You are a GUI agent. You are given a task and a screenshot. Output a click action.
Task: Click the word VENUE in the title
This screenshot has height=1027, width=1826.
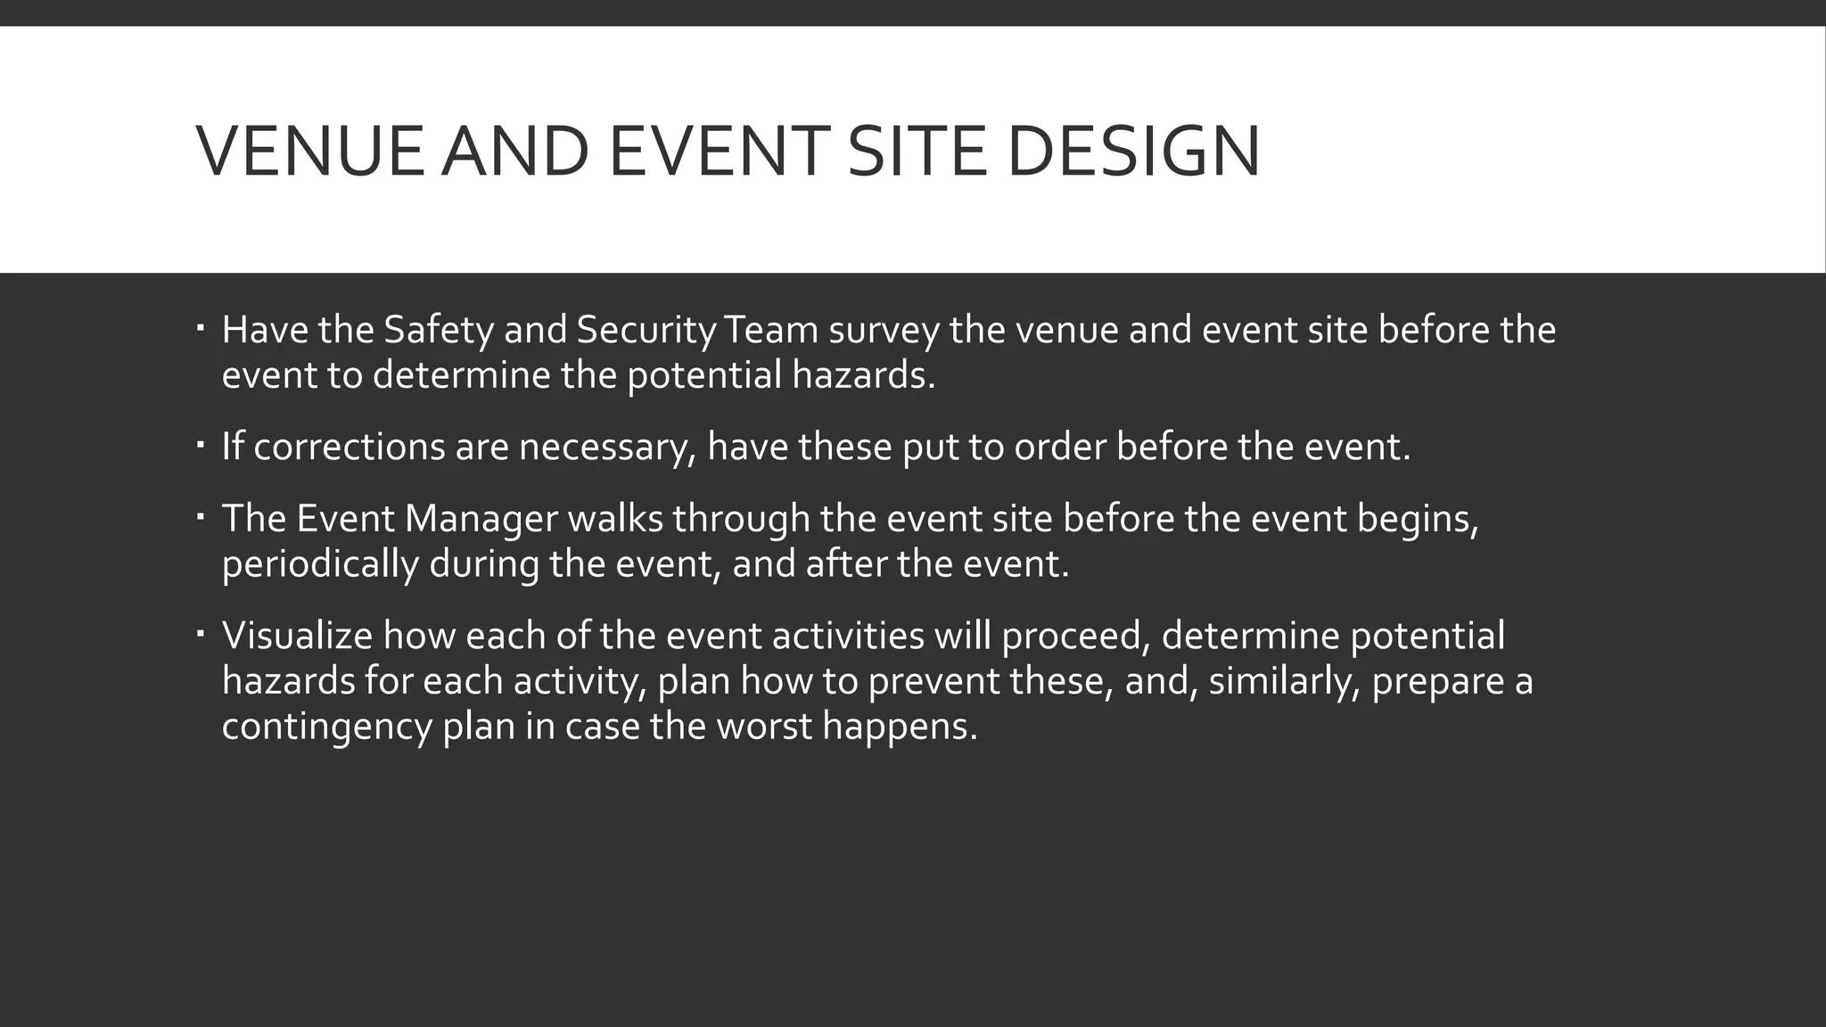309,151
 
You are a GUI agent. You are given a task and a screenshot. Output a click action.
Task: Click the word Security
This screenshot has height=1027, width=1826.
646,331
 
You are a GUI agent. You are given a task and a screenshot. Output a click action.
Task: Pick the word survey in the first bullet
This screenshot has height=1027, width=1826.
884,331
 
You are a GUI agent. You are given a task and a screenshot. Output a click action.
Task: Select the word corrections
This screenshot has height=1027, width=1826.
349,447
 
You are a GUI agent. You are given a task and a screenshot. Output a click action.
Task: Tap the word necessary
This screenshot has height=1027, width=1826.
606,447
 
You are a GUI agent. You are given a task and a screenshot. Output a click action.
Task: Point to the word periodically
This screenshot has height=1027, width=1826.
320,564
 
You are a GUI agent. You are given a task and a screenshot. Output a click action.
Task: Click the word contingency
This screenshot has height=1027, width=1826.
326,727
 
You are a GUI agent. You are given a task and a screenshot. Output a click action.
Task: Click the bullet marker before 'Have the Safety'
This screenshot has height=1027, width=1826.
200,330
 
